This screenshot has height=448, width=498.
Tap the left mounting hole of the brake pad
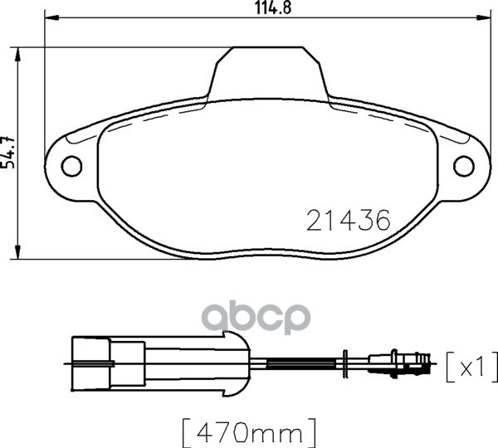72,166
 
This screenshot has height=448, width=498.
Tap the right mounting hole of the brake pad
463,166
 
